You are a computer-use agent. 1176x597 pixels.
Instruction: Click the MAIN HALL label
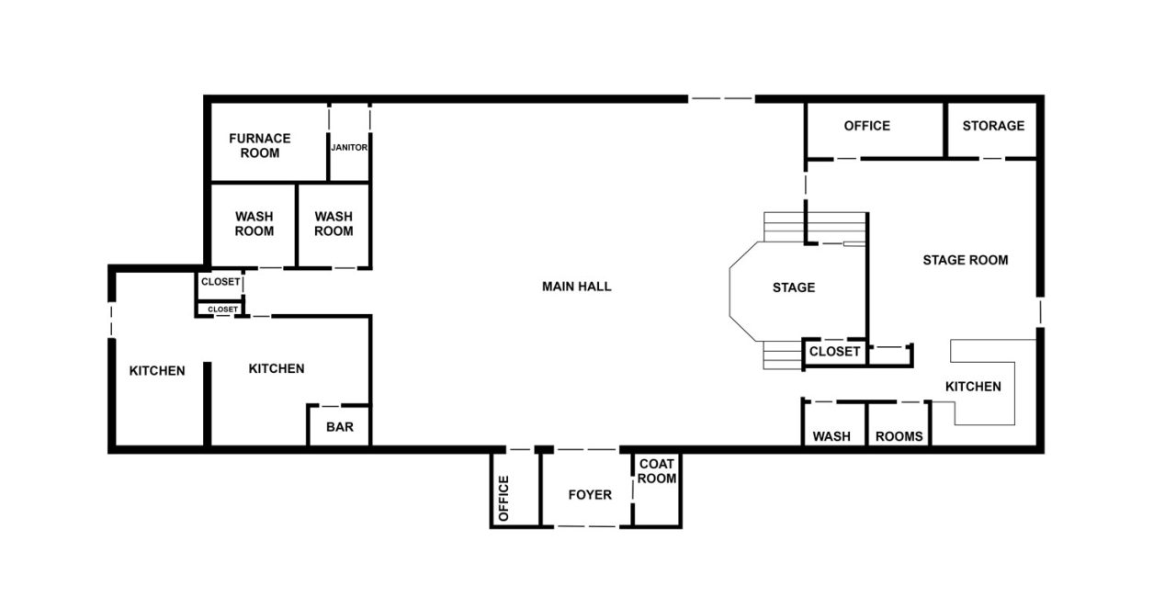tap(576, 287)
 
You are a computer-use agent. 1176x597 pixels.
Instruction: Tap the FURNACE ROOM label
tap(260, 145)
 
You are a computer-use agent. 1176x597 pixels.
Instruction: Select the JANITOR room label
tap(349, 146)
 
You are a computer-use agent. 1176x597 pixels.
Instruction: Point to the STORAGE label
tap(993, 126)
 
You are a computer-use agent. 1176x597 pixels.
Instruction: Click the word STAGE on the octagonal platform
tap(793, 287)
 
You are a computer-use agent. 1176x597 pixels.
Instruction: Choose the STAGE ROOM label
tap(965, 260)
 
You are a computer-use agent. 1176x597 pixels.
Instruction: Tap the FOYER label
tap(590, 495)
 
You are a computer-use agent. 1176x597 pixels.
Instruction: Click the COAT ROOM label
tap(657, 471)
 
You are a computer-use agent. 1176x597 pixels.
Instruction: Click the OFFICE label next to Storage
tap(866, 126)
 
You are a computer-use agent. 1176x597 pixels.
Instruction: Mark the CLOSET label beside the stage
tap(834, 352)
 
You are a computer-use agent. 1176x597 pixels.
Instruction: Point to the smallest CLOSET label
tap(222, 310)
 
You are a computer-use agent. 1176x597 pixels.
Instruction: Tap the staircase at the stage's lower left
tap(782, 354)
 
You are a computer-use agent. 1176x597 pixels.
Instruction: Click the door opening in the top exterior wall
tap(721, 98)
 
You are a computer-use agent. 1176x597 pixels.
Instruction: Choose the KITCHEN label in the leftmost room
tap(157, 371)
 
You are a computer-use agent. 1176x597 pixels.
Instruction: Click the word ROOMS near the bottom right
tap(899, 436)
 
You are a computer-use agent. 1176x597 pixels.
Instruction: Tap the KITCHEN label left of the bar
tap(277, 368)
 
